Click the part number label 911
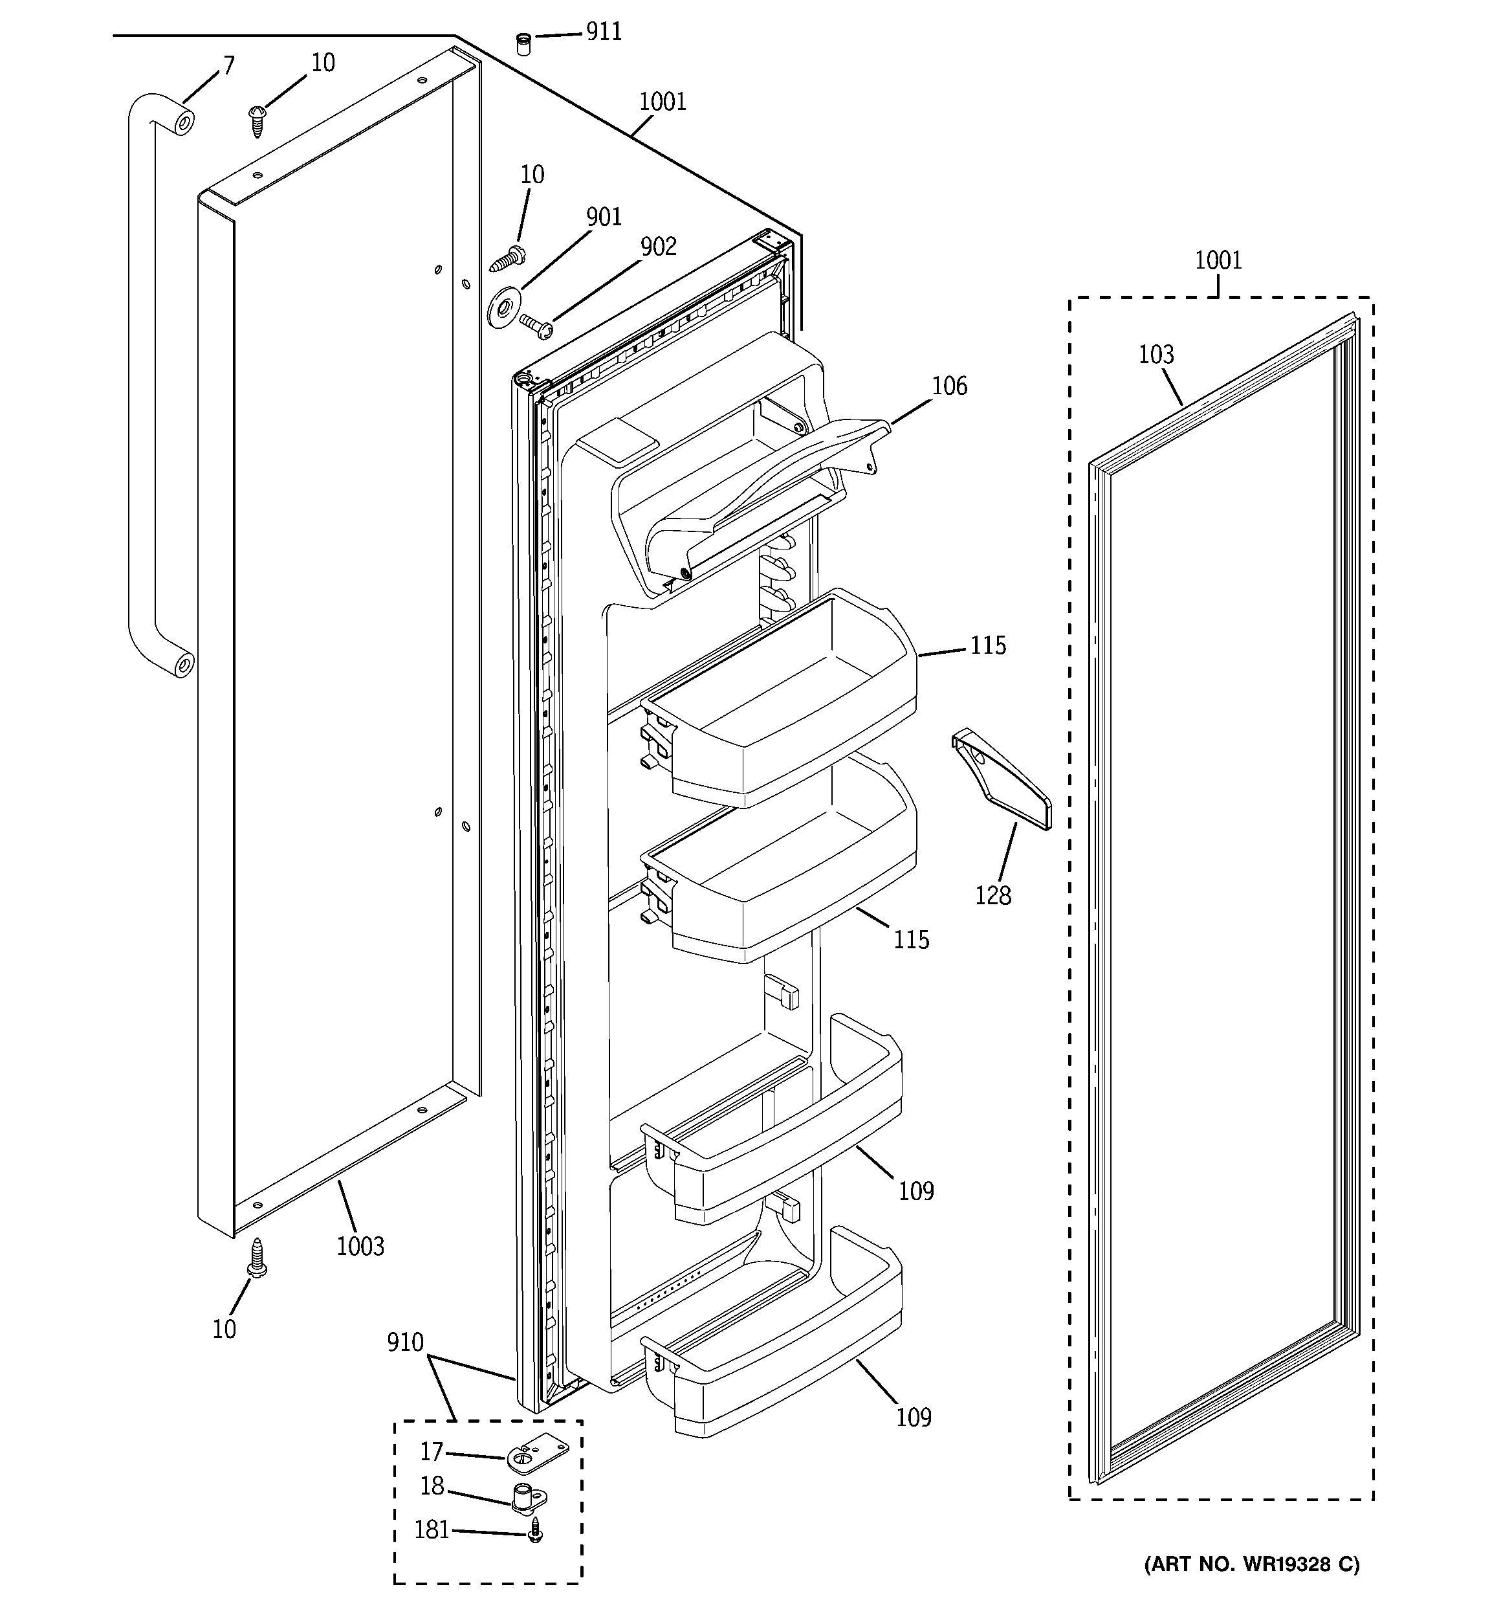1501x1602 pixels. pyautogui.click(x=604, y=32)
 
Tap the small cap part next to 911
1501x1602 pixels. pyautogui.click(x=523, y=43)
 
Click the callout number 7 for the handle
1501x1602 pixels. pyautogui.click(x=229, y=65)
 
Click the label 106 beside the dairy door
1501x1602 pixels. pyautogui.click(x=949, y=386)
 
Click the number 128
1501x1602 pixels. pyautogui.click(x=992, y=895)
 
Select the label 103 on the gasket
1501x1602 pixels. pyautogui.click(x=1156, y=355)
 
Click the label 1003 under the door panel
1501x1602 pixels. pyautogui.click(x=360, y=1247)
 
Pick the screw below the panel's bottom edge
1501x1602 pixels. pyautogui.click(x=257, y=1259)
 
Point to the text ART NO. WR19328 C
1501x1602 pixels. pyautogui.click(x=1251, y=1565)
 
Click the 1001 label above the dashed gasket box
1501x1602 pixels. pyautogui.click(x=1218, y=260)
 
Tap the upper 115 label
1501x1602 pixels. pyautogui.click(x=988, y=645)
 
